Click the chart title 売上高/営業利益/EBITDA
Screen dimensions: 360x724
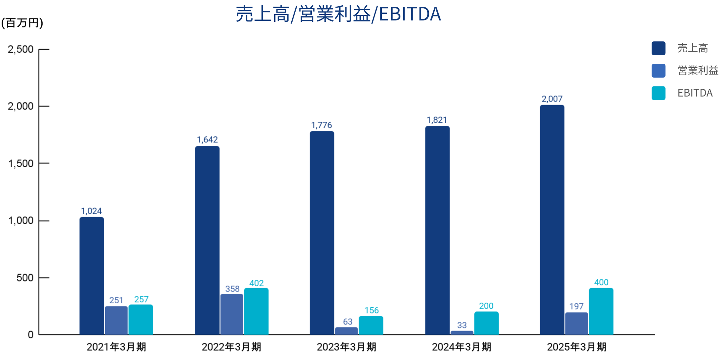pos(338,14)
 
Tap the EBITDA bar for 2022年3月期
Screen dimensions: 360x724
pos(256,311)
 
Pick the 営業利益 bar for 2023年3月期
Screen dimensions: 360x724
pos(346,331)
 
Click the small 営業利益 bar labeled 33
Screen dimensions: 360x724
pos(462,333)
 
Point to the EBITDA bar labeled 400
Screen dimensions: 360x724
pos(601,311)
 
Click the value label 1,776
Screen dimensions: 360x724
pos(321,125)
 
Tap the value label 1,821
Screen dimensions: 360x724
pos(437,120)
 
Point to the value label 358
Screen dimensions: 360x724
pos(232,289)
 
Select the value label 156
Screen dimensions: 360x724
pos(371,310)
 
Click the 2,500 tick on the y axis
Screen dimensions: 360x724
pos(21,49)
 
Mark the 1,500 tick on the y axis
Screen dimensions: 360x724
pos(21,164)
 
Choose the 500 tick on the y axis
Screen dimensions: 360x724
pos(25,278)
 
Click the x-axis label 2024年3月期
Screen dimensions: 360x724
pos(462,347)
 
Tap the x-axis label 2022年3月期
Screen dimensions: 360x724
pos(231,347)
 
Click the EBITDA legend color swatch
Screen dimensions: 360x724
pos(658,93)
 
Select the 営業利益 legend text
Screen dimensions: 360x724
pos(698,70)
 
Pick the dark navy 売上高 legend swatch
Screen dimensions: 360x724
pos(658,48)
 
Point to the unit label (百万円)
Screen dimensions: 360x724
pos(22,23)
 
